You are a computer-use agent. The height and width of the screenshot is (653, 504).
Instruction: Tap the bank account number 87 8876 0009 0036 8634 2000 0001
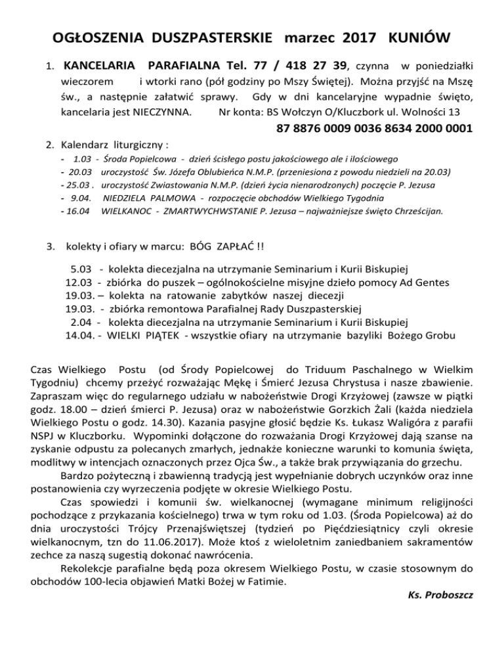pos(375,129)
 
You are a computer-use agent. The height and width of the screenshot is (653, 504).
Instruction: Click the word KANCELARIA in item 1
pos(99,66)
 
